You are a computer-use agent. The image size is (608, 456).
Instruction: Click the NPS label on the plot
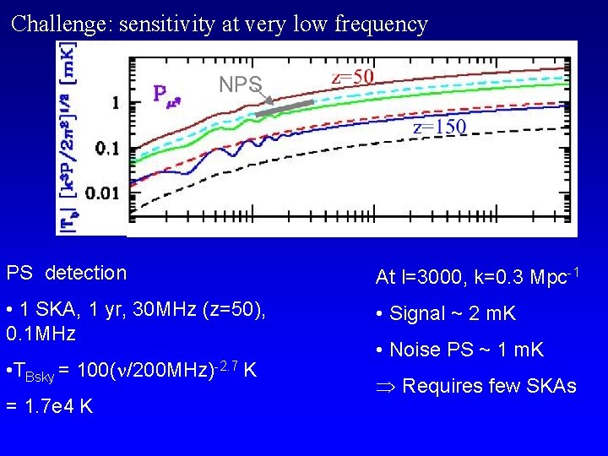[241, 84]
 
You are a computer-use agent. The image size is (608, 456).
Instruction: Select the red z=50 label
[352, 76]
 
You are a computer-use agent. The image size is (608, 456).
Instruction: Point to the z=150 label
[439, 128]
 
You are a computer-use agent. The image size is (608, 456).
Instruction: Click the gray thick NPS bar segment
[285, 107]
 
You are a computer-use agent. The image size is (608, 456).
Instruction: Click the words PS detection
[67, 273]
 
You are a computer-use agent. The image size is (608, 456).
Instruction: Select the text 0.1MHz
[41, 334]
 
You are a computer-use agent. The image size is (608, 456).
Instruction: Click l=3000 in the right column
[433, 276]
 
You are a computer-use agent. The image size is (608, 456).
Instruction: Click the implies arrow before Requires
[386, 387]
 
